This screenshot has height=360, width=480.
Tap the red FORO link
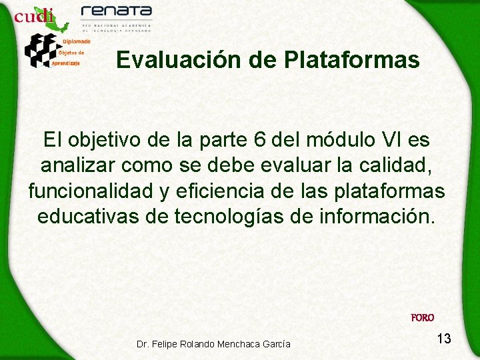423,318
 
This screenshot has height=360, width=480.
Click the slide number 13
443,339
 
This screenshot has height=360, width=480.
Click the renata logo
116,13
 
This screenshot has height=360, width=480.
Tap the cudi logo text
33,16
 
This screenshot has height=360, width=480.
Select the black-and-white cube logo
40,49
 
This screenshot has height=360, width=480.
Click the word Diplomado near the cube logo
77,41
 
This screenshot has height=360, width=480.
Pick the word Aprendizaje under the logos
66,63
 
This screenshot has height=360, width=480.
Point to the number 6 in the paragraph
260,141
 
